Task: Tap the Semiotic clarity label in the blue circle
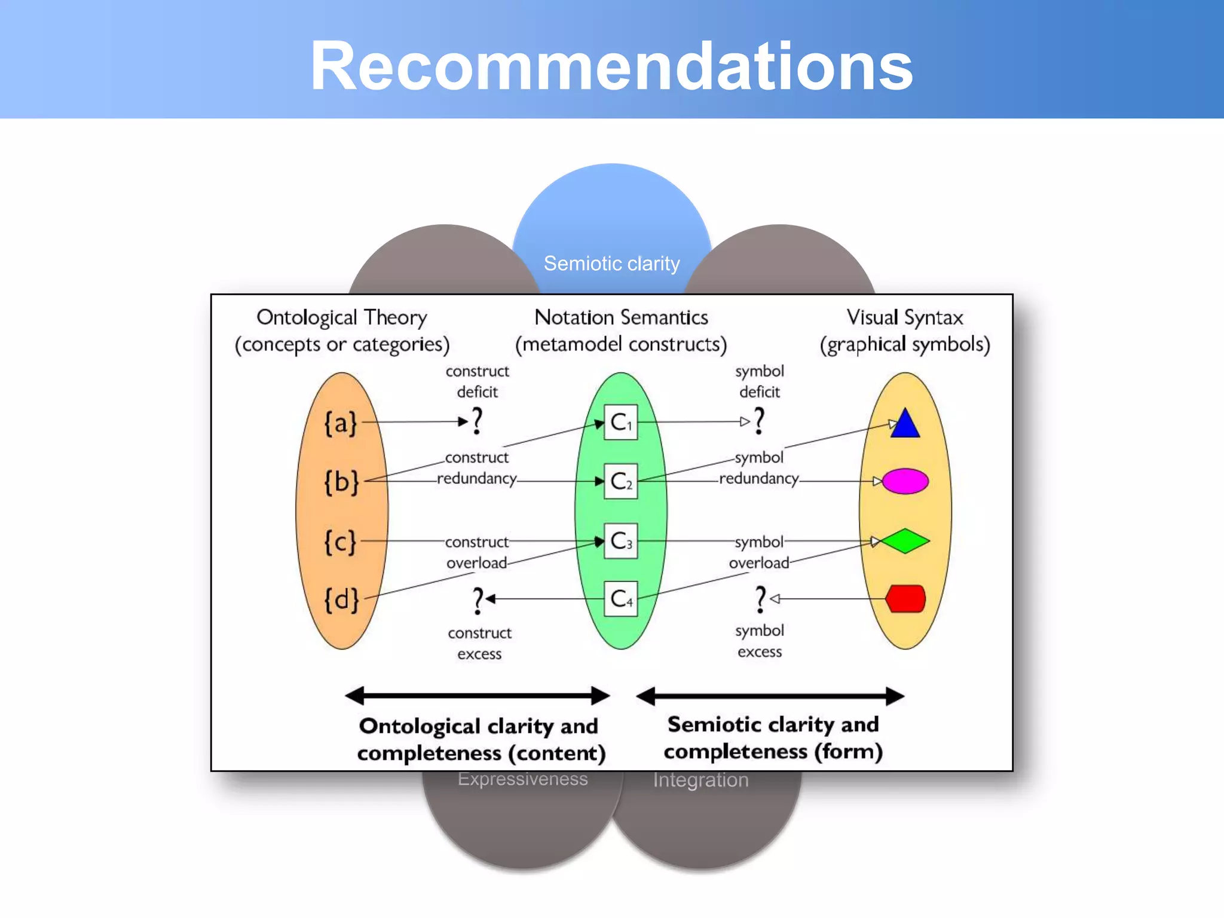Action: [611, 264]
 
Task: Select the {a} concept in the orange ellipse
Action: [341, 423]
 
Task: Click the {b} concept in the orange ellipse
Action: [341, 481]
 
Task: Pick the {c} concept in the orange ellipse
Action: [340, 542]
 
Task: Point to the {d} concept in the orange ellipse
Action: [341, 599]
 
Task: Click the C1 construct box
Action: [620, 423]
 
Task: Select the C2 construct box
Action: [620, 481]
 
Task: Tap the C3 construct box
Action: [620, 541]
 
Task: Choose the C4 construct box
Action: [620, 598]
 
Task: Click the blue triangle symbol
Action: [905, 424]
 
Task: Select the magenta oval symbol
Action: [905, 481]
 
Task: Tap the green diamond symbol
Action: [905, 541]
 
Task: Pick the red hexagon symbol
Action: [905, 599]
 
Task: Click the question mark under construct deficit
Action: [477, 421]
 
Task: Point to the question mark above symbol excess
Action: [760, 599]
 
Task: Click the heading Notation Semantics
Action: [621, 317]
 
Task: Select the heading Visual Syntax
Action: [905, 317]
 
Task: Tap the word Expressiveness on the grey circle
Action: [522, 779]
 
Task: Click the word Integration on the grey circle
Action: [700, 780]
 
